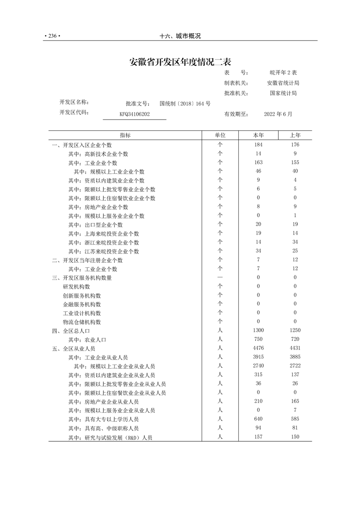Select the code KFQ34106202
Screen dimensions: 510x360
[x=135, y=115]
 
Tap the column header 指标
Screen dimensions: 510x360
[x=125, y=135]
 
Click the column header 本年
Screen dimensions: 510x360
[x=258, y=135]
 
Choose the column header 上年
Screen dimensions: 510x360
[x=295, y=135]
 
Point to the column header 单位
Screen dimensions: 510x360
[x=220, y=135]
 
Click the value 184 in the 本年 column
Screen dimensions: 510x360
[x=258, y=145]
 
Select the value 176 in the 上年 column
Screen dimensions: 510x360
[x=295, y=145]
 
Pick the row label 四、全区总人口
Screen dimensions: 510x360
[x=74, y=331]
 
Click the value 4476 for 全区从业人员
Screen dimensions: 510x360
[x=258, y=349]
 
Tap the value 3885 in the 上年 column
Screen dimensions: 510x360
[x=295, y=357]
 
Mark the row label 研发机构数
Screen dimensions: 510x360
[x=76, y=287]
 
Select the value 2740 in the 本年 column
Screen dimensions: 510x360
[x=258, y=366]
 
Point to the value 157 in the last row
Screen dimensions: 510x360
[x=258, y=437]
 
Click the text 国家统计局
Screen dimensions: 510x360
[x=283, y=93]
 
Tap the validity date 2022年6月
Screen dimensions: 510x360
[x=278, y=115]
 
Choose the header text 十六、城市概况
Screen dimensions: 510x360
[x=180, y=36]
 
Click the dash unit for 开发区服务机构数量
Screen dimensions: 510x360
[x=220, y=278]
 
